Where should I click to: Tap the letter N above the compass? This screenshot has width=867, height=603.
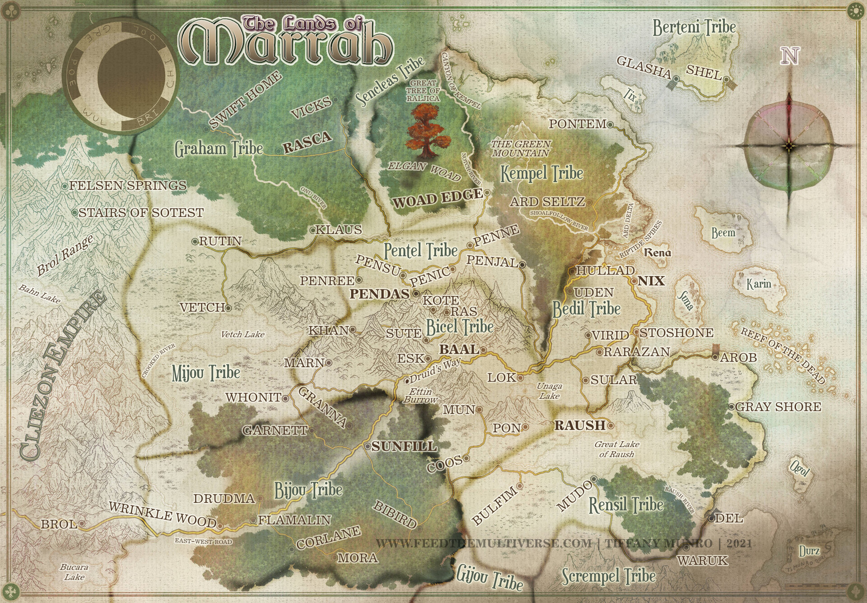click(790, 56)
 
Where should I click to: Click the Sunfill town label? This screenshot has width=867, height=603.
click(404, 447)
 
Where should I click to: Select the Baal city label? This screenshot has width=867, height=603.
click(459, 349)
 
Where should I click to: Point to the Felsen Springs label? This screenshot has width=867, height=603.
click(128, 185)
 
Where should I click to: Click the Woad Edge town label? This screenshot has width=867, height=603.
click(437, 199)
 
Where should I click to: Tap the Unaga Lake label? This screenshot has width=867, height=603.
click(549, 391)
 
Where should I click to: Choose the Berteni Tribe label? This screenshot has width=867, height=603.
click(694, 28)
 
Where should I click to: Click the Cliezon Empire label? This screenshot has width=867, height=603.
click(63, 375)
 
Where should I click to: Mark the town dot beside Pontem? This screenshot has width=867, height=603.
click(610, 124)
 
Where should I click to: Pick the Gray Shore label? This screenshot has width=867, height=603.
click(778, 407)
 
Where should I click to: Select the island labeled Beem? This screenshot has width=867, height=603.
click(723, 233)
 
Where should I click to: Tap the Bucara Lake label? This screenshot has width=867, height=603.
click(74, 572)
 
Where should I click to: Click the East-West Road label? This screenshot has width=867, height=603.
click(203, 542)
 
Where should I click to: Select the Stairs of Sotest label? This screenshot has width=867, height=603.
click(141, 212)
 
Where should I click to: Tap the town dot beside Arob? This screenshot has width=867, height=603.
click(715, 357)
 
